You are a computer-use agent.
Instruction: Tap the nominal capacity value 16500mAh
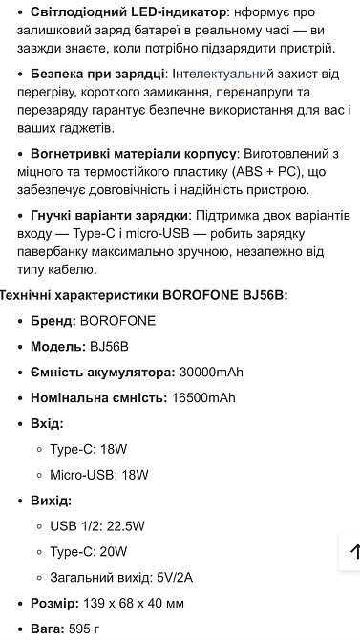click(x=203, y=397)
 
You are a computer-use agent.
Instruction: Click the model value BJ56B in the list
click(x=109, y=346)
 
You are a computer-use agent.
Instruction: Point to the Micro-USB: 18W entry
click(x=99, y=475)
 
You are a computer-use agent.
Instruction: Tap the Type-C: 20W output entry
click(x=88, y=552)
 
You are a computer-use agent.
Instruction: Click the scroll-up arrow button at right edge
click(x=351, y=551)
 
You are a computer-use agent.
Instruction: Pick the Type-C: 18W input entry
click(x=88, y=449)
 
